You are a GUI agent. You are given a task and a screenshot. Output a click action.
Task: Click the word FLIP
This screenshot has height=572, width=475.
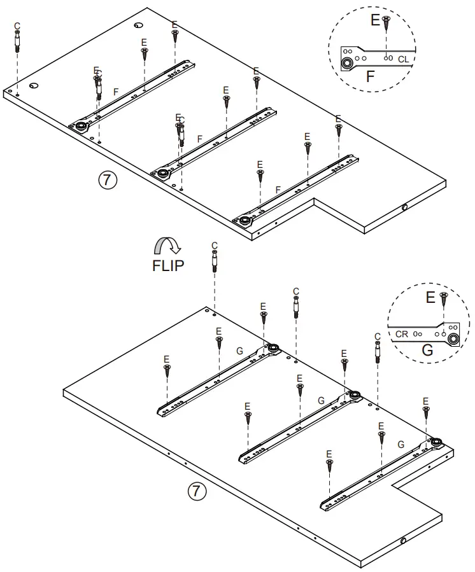point(168,265)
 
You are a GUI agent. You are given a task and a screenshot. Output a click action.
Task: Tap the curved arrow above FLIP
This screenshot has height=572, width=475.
point(168,246)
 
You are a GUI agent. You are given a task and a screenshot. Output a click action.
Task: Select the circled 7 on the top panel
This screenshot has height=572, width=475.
point(107,180)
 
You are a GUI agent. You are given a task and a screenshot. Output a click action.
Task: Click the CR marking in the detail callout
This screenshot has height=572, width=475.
point(402,333)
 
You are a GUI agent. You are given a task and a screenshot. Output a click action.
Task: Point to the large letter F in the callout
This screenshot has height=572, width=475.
point(371,78)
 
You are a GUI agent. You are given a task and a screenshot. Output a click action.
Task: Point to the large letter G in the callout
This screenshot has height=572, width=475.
point(427,351)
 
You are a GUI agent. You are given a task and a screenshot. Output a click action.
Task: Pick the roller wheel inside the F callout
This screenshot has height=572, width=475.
point(348,64)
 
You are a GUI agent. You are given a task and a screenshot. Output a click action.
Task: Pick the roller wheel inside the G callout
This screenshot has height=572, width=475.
point(453,338)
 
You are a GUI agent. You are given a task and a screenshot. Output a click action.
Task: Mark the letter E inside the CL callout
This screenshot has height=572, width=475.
point(375,20)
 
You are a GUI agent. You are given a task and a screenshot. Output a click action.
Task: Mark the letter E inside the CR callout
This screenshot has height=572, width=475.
point(430,296)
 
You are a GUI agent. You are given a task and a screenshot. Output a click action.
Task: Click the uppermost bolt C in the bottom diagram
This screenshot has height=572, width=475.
point(215,261)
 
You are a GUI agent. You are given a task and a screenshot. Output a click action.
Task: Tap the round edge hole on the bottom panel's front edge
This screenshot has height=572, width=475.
point(403,541)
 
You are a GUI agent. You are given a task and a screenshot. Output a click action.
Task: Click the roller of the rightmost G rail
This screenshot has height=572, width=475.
point(436,443)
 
